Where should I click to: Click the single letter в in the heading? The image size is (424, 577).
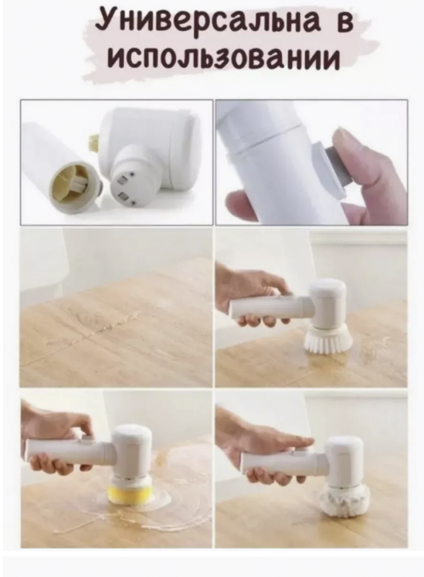pyautogui.click(x=345, y=23)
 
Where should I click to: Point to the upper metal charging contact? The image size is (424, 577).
pyautogui.click(x=122, y=181)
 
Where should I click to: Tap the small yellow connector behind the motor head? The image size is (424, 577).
pyautogui.click(x=94, y=142)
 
